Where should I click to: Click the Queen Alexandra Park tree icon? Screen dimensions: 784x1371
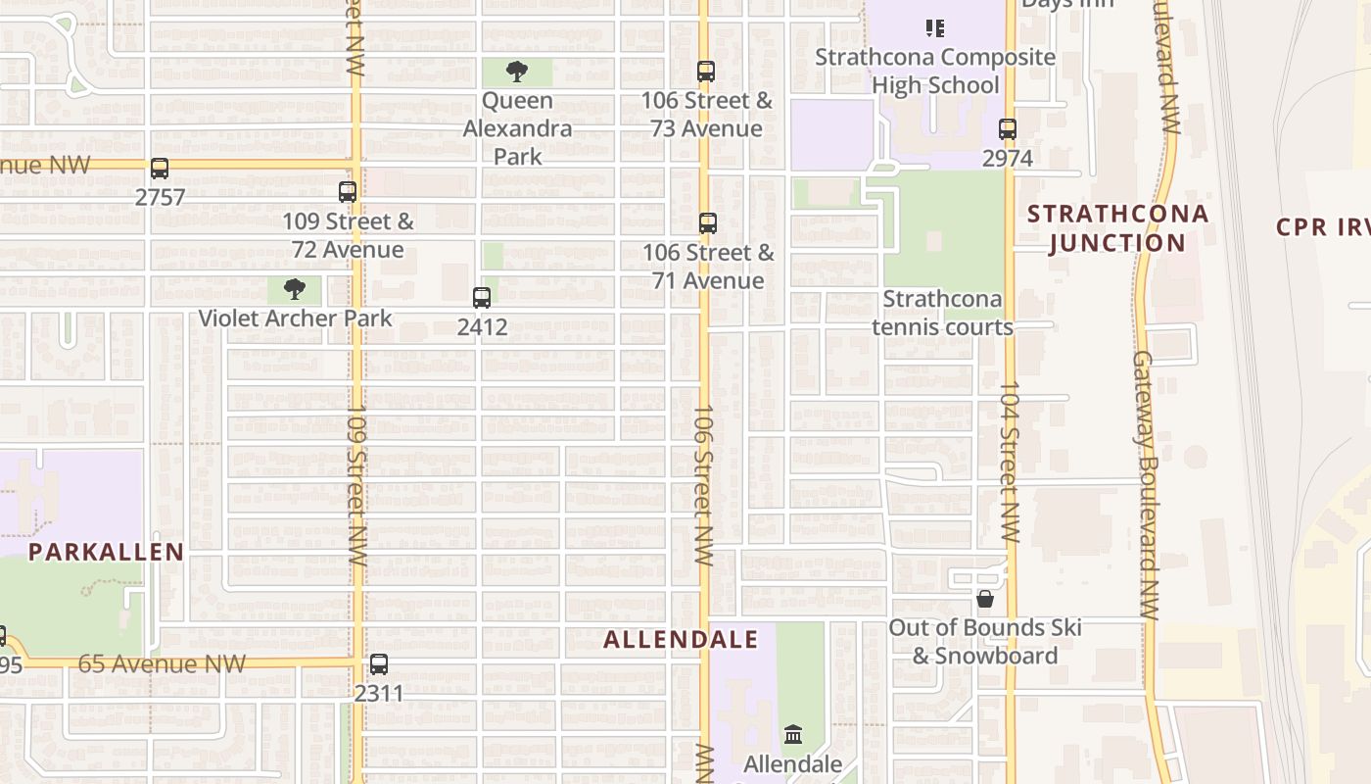[x=517, y=72]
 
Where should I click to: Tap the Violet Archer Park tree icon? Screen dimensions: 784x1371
[x=294, y=289]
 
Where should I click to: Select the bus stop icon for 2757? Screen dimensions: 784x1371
[x=160, y=169]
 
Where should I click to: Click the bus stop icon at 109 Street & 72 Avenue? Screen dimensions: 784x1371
[x=348, y=192]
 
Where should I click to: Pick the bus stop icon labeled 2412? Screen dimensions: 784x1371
[x=482, y=298]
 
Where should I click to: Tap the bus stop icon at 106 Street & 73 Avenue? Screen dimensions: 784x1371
[x=706, y=72]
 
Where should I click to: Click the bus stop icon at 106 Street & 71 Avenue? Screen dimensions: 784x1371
[x=708, y=223]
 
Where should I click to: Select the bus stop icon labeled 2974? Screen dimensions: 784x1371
[x=1007, y=128]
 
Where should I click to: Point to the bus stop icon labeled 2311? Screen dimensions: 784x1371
[x=379, y=664]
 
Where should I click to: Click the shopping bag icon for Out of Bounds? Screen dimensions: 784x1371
[x=985, y=598]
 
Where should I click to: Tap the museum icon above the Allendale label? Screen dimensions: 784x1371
[x=793, y=734]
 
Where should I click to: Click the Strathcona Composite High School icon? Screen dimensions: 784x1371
[x=935, y=28]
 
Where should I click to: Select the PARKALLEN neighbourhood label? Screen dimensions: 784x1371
[x=106, y=552]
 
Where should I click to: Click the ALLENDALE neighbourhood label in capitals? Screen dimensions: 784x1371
[x=681, y=640]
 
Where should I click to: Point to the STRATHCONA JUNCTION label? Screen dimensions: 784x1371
[x=1117, y=228]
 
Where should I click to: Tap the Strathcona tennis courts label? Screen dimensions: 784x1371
[x=942, y=313]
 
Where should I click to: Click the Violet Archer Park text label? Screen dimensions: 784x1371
[x=295, y=318]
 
